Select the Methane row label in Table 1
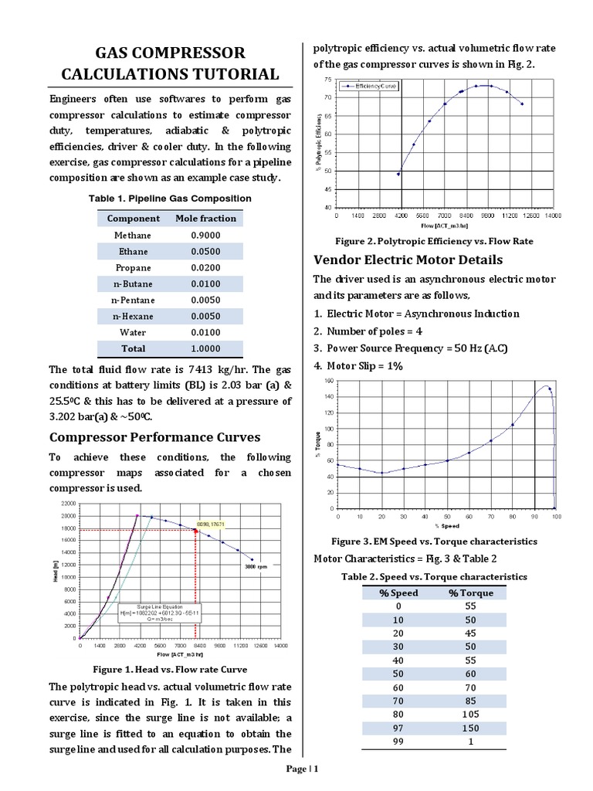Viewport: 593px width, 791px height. tap(133, 235)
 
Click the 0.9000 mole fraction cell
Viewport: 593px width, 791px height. tap(205, 235)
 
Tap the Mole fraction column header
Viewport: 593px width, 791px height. tap(205, 219)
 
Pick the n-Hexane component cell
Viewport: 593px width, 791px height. tap(133, 316)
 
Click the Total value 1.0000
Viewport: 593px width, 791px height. tap(205, 348)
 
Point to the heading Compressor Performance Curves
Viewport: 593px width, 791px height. tap(154, 436)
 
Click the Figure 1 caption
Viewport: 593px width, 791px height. tap(170, 670)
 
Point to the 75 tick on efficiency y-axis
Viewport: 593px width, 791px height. tap(330, 80)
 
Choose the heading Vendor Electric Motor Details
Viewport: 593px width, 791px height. tap(408, 259)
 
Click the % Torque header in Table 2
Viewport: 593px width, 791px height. tap(470, 592)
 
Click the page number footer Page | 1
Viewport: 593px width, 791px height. tap(302, 769)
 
